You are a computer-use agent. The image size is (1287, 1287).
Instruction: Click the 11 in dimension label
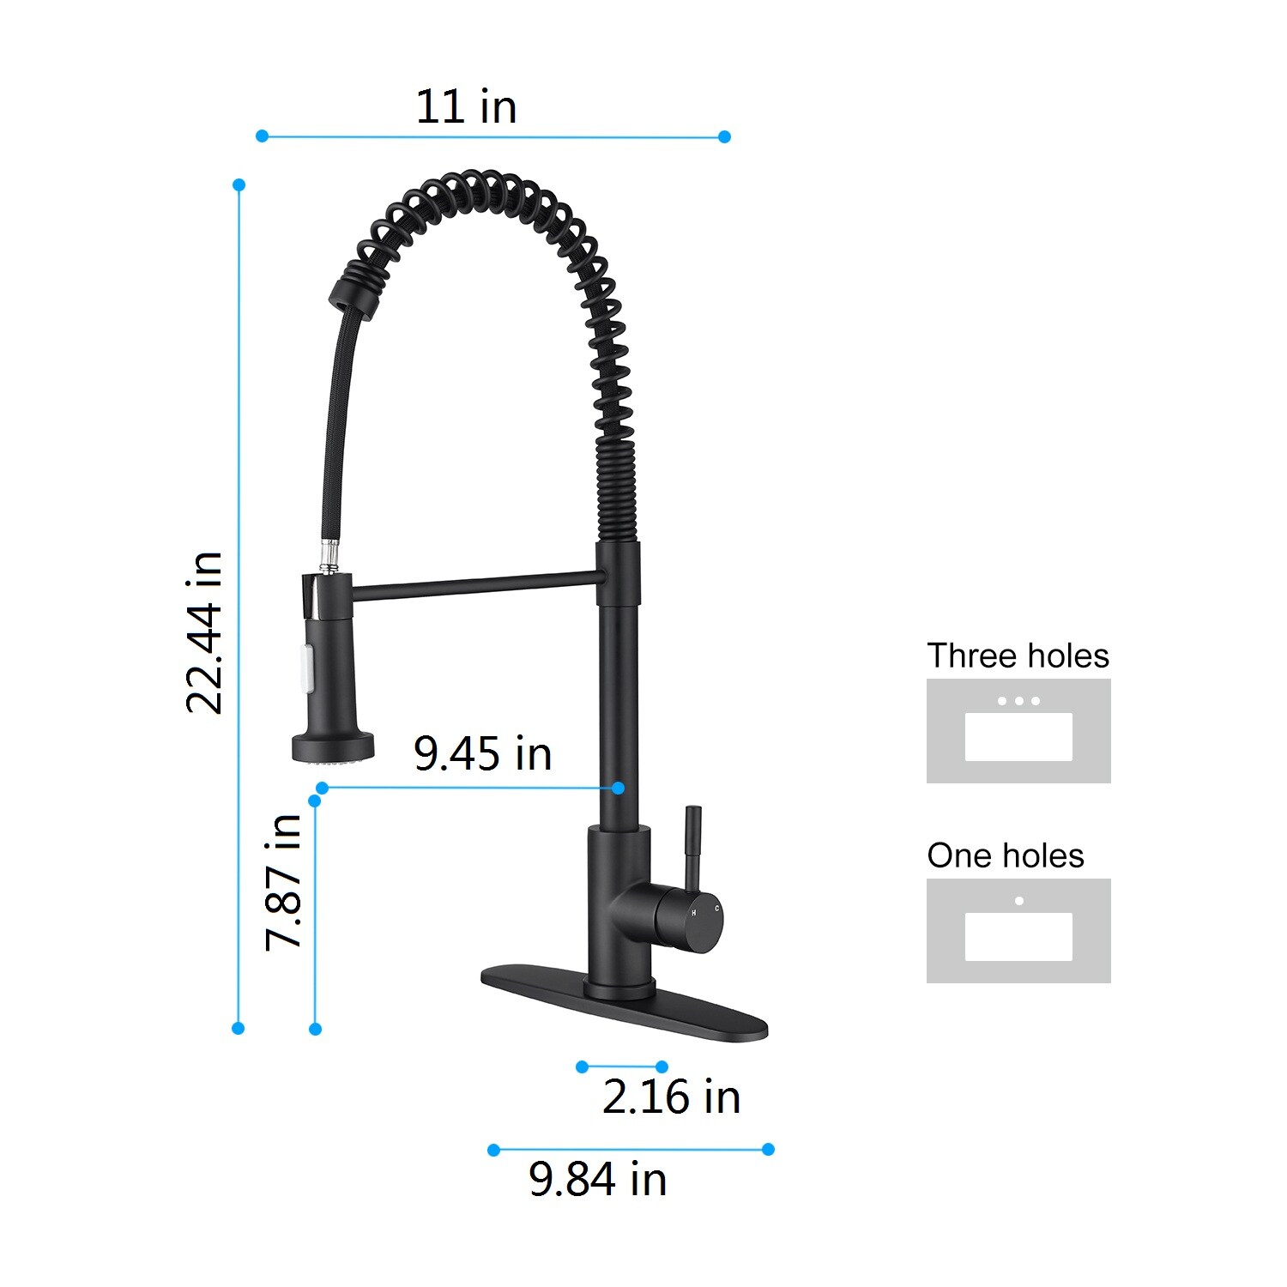click(x=466, y=107)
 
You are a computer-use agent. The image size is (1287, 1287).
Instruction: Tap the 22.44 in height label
click(x=204, y=633)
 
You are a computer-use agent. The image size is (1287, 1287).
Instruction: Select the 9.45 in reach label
click(x=482, y=753)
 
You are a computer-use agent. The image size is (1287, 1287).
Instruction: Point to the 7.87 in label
click(x=283, y=882)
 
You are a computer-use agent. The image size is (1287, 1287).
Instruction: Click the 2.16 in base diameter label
click(x=671, y=1097)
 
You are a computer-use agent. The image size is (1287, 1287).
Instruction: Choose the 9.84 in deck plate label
click(x=597, y=1179)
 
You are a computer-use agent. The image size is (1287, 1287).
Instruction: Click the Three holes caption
click(x=1018, y=656)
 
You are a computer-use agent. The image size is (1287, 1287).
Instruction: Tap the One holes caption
click(x=1005, y=856)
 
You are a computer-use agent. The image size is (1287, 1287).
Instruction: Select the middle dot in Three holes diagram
click(x=1018, y=701)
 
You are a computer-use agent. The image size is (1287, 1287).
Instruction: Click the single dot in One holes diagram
click(x=1019, y=901)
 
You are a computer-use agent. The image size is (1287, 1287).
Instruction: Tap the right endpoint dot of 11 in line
click(x=724, y=136)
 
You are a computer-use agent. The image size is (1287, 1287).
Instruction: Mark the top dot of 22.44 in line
click(x=239, y=185)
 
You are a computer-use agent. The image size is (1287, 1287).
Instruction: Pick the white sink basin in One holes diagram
click(x=1018, y=937)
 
